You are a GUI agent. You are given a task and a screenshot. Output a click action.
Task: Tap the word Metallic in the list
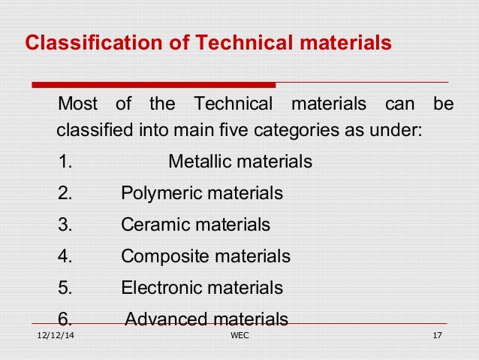(x=197, y=162)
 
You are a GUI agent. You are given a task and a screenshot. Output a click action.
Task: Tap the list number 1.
(x=64, y=162)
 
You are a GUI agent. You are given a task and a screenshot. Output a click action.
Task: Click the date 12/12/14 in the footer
(x=56, y=335)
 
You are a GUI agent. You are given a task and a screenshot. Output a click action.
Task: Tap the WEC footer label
(x=238, y=335)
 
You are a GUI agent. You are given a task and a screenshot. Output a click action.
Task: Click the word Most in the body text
(x=77, y=103)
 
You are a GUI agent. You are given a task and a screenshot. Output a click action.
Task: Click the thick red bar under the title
(x=154, y=84)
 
